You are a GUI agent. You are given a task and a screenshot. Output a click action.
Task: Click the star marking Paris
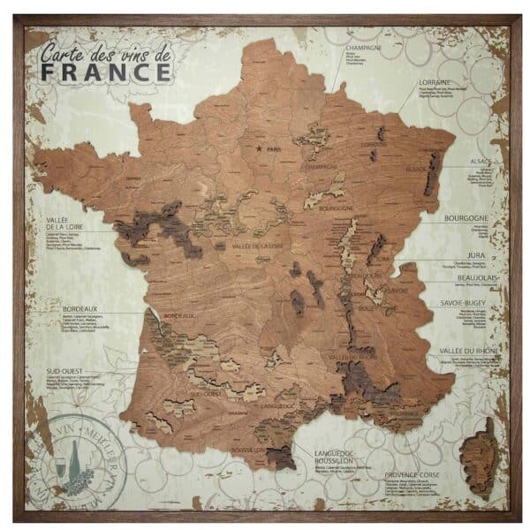[x=259, y=148]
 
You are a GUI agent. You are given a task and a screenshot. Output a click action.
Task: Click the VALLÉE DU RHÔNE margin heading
[x=470, y=352]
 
